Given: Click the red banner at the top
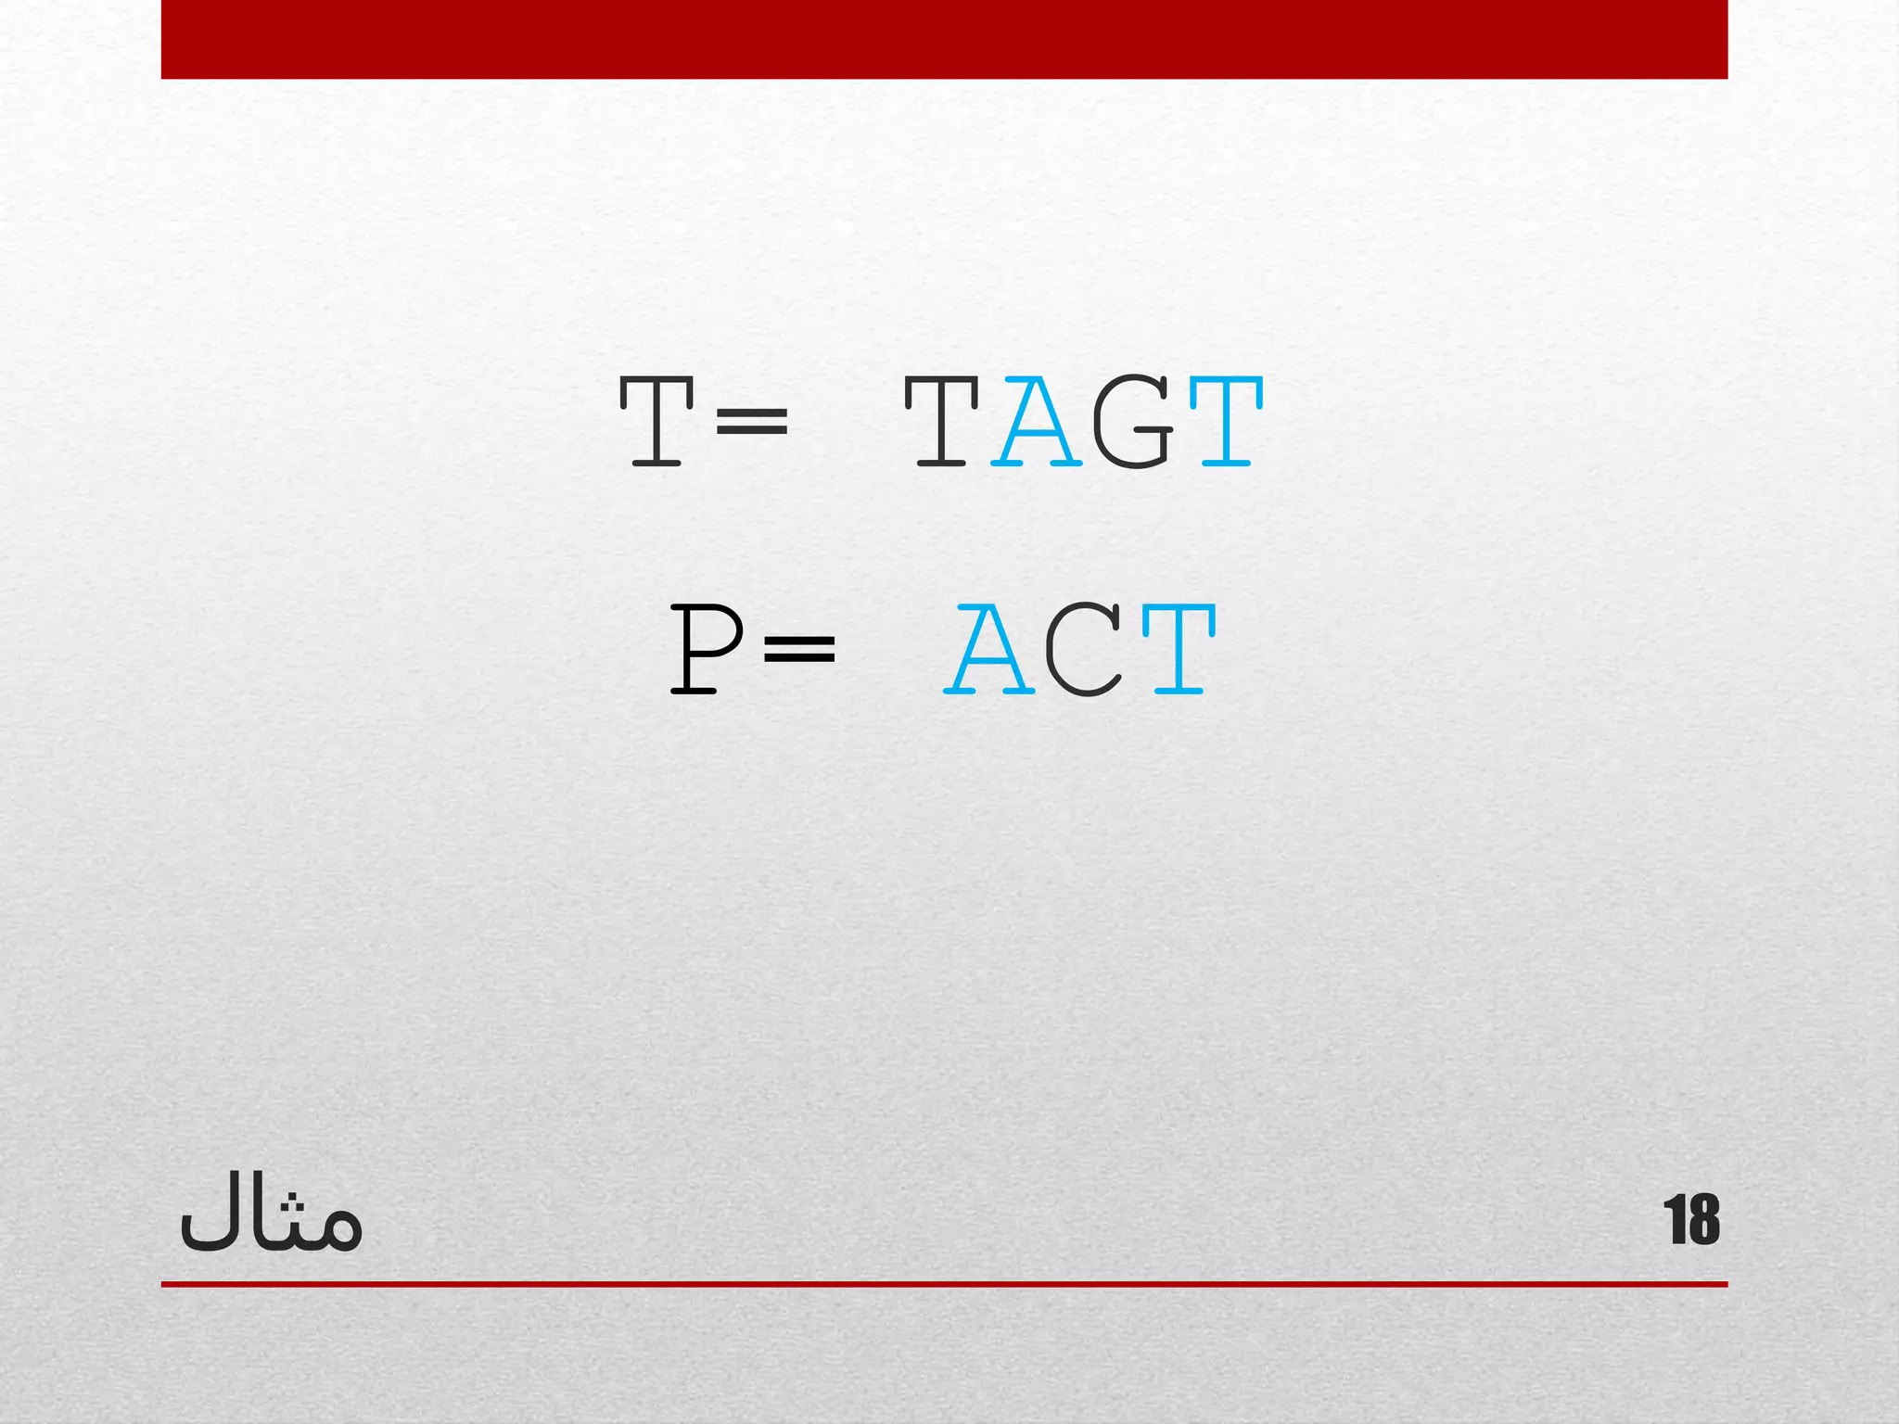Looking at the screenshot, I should [944, 39].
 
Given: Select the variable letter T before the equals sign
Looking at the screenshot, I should [656, 422].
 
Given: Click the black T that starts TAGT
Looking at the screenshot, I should [942, 422].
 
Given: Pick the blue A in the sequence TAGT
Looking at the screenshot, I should [1037, 422].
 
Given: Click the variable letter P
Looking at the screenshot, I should [705, 649].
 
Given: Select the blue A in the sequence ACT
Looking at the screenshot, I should [989, 649].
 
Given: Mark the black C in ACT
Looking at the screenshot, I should [1084, 649].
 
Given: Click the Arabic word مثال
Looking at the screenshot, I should [270, 1215].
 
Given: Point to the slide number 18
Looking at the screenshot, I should [1691, 1220].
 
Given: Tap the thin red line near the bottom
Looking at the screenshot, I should [944, 1284].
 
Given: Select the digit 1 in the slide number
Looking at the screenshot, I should [1675, 1220].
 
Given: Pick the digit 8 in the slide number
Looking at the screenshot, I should [1704, 1220].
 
